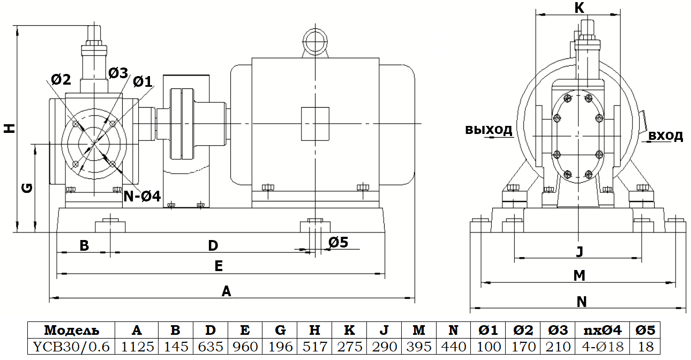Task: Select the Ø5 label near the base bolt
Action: pyautogui.click(x=337, y=242)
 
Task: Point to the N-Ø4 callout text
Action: pyautogui.click(x=142, y=196)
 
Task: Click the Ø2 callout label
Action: pyautogui.click(x=61, y=80)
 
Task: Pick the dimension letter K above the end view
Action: pyautogui.click(x=579, y=7)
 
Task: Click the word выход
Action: pyautogui.click(x=489, y=130)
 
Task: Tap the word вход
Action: pyautogui.click(x=666, y=136)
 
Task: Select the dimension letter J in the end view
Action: pyautogui.click(x=579, y=251)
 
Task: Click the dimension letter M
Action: pyautogui.click(x=579, y=275)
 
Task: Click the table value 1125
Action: pyautogui.click(x=136, y=347)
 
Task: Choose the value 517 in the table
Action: pyautogui.click(x=318, y=347)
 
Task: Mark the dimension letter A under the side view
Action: pyautogui.click(x=226, y=291)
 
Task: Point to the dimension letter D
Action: pyautogui.click(x=213, y=246)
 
